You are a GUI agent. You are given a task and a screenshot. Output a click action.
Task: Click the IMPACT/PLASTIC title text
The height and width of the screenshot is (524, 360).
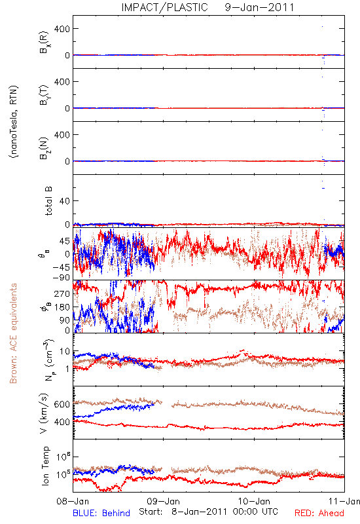[x=164, y=7]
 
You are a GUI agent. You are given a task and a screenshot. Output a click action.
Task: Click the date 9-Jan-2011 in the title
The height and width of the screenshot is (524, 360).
[x=259, y=7]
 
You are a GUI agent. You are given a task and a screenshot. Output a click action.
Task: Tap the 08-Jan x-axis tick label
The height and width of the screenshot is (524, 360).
[x=73, y=501]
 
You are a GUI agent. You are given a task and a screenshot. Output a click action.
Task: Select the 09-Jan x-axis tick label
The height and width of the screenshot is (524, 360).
[x=163, y=501]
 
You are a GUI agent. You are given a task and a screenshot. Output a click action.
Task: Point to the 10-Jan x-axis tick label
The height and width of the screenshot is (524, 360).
[x=254, y=501]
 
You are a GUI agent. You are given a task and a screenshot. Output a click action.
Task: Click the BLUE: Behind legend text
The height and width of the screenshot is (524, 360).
[x=101, y=513]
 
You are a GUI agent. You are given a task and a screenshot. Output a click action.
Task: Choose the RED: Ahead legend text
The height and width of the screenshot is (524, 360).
[x=319, y=513]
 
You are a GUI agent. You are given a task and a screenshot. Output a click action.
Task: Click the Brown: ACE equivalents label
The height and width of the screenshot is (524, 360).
[x=13, y=333]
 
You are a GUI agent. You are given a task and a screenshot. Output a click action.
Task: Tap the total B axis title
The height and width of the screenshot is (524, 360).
[x=48, y=201]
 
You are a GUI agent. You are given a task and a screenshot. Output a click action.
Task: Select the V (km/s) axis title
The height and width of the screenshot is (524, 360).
[x=45, y=413]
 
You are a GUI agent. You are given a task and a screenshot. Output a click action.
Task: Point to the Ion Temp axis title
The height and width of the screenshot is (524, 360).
[x=45, y=466]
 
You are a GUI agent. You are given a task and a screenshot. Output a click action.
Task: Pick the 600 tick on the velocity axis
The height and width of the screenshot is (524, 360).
[x=62, y=404]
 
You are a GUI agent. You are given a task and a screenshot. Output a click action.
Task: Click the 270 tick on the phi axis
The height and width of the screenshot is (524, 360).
[x=62, y=293]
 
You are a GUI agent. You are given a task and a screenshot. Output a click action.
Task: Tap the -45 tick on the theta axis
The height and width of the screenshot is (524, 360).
[x=60, y=267]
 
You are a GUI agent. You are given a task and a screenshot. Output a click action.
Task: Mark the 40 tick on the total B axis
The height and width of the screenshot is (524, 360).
[x=65, y=201]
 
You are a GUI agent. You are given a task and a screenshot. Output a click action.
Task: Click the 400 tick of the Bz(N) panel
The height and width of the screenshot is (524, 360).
[x=62, y=135]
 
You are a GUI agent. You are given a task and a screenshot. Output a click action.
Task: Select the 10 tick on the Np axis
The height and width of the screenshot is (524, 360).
[x=65, y=351]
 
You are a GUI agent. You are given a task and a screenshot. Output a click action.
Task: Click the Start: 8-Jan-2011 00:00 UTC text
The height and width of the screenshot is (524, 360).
[x=208, y=512]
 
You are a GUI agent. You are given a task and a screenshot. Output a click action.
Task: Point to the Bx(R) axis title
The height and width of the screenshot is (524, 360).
[x=45, y=42]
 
